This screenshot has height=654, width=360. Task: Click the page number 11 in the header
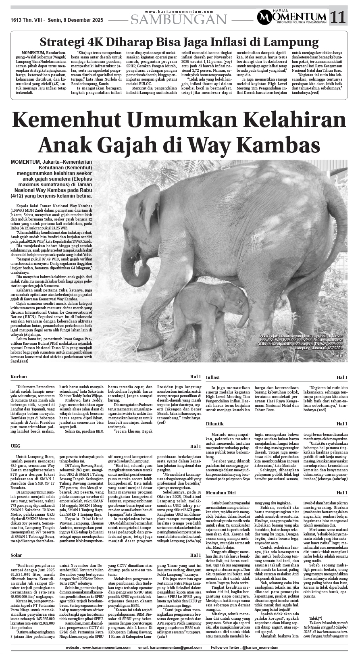(x=338, y=17)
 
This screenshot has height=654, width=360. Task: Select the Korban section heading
(x=19, y=377)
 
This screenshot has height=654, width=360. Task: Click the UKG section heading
(x=16, y=446)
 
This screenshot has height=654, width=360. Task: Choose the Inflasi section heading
(x=213, y=377)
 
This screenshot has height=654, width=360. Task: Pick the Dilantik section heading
(x=214, y=424)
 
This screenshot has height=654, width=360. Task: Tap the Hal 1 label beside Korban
(x=195, y=377)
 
